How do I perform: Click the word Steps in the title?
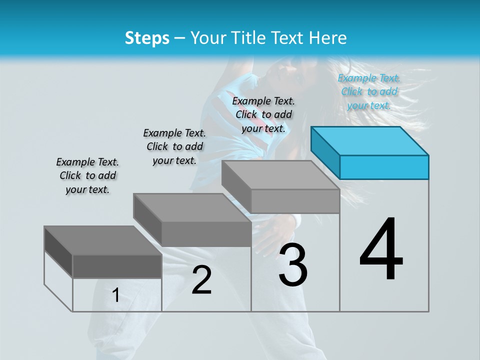tap(147, 38)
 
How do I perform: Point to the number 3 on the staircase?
tap(293, 265)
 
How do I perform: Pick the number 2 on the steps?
tap(201, 280)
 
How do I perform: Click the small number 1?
tap(116, 295)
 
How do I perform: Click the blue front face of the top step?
tap(384, 167)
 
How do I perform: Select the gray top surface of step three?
tap(280, 175)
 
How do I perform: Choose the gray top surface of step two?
tap(192, 207)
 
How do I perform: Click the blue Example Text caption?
tap(369, 91)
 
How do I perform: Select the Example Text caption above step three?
tap(263, 114)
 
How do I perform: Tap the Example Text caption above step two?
tap(174, 146)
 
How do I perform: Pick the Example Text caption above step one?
tap(87, 175)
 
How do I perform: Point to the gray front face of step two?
tap(206, 233)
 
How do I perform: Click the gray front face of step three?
tap(295, 201)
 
